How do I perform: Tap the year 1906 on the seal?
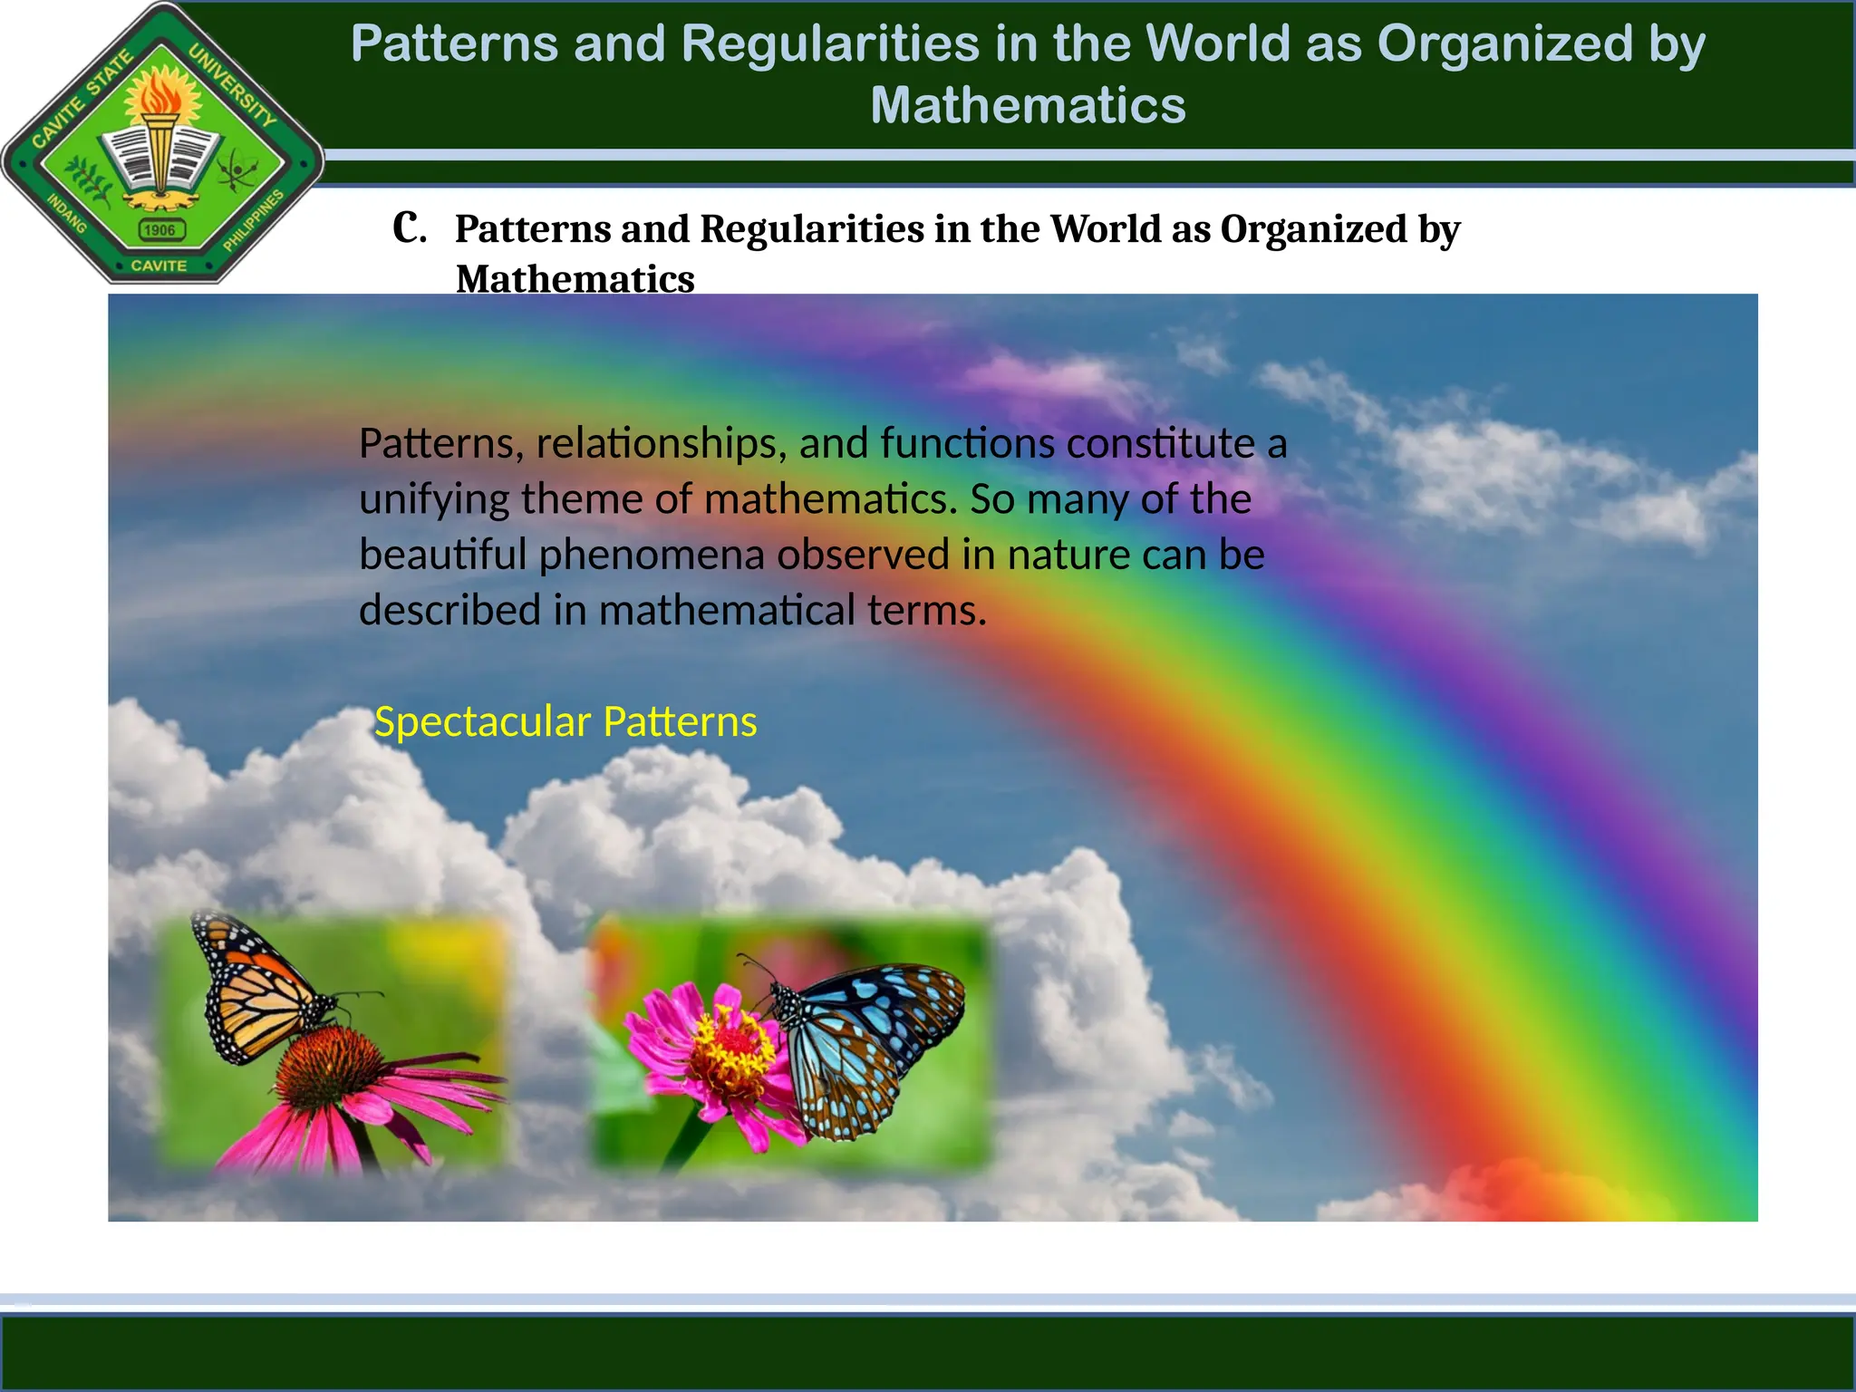point(160,230)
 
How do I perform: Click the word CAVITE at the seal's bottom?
point(159,266)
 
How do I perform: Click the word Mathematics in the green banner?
point(1028,105)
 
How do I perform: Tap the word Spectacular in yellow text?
point(482,722)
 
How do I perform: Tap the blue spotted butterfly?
point(865,1042)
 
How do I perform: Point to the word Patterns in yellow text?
point(680,722)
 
